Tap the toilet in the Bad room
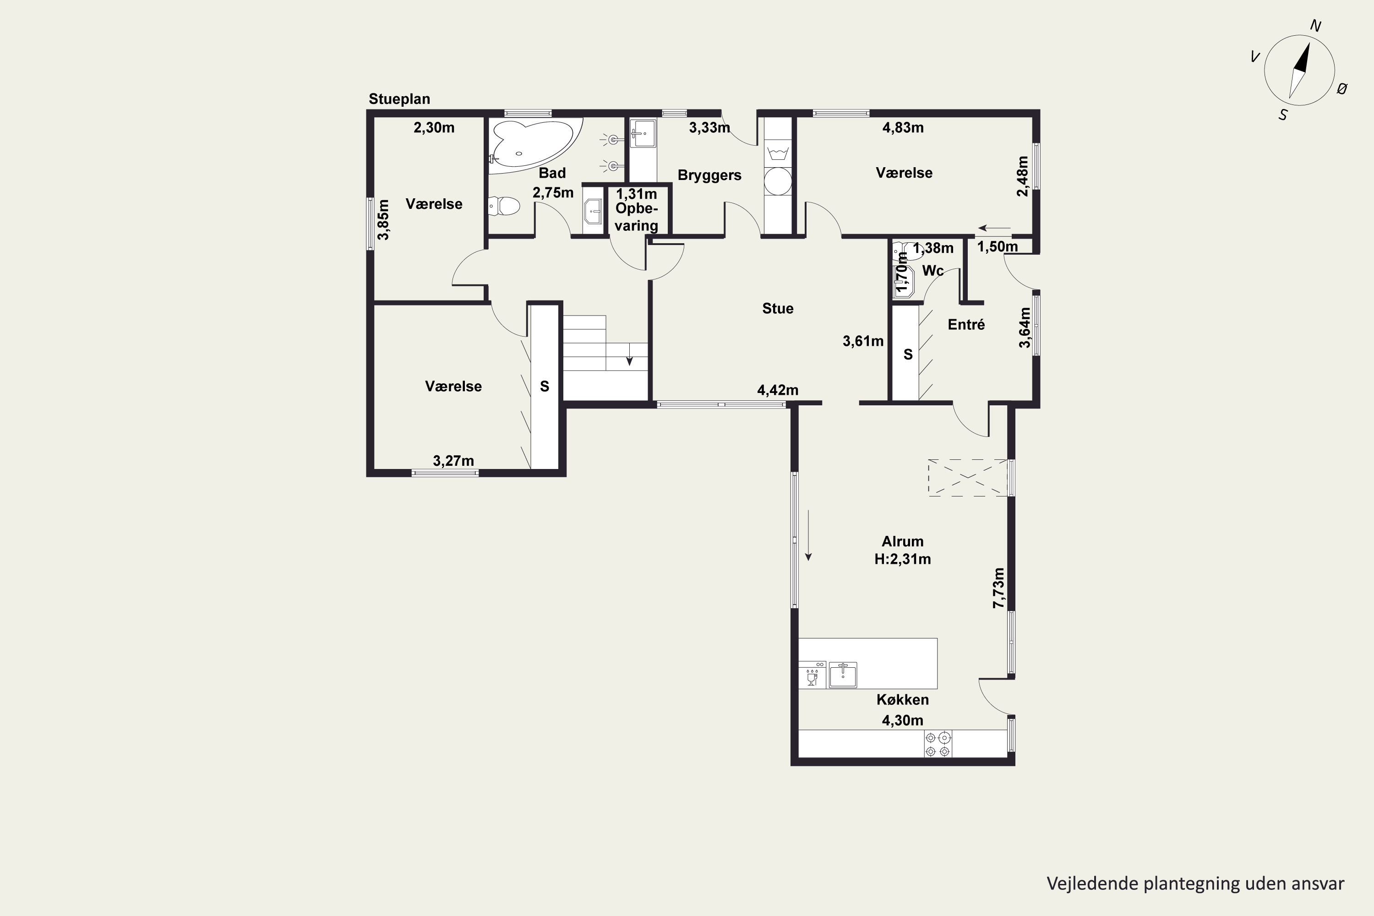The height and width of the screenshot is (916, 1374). click(x=504, y=206)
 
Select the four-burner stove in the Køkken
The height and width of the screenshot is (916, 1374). click(x=938, y=744)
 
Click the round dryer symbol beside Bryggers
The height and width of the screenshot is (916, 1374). click(x=778, y=180)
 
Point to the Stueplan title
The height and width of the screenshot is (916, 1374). click(x=399, y=99)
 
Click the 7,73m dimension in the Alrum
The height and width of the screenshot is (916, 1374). click(x=998, y=588)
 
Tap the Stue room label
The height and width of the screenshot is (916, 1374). click(x=778, y=308)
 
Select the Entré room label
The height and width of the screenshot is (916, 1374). click(x=966, y=324)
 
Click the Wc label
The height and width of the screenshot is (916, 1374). click(x=932, y=271)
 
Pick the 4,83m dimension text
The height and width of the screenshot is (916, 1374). click(x=903, y=127)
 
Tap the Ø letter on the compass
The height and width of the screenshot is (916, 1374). click(x=1342, y=89)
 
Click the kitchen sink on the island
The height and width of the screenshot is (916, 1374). click(x=843, y=675)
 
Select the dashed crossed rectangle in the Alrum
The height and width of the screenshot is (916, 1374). click(x=968, y=478)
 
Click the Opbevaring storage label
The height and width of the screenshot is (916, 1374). click(x=636, y=217)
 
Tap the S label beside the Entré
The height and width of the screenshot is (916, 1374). click(x=908, y=354)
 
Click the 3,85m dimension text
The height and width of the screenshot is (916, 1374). click(x=383, y=220)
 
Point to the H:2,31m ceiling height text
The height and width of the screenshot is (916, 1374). click(x=903, y=559)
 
